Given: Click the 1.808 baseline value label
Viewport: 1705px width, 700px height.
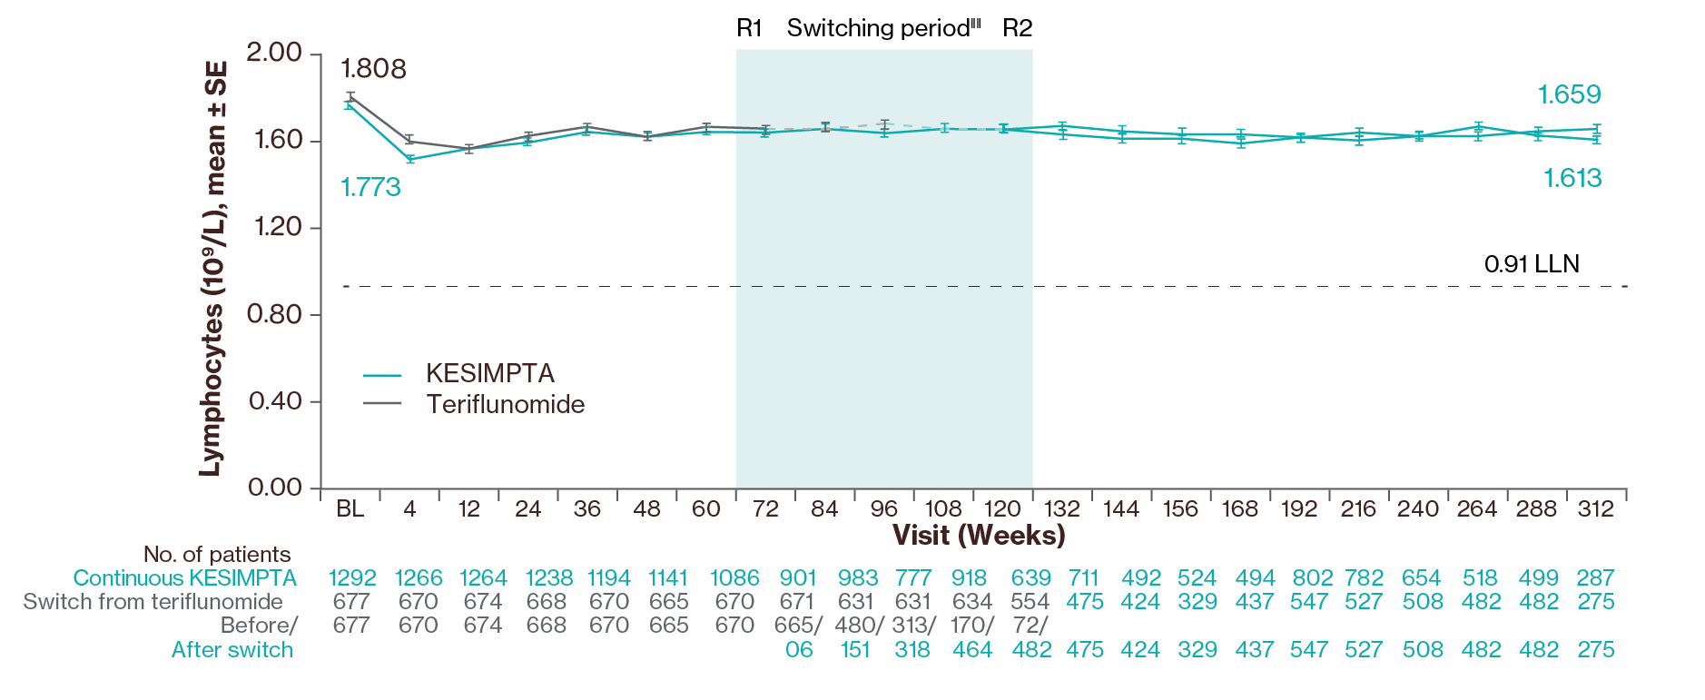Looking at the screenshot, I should coord(373,69).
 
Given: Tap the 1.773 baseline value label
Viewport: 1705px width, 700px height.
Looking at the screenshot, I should coord(370,187).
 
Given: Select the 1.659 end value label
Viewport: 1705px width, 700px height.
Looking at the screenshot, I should coord(1569,94).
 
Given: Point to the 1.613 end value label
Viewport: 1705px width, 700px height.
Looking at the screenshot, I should coord(1572,178).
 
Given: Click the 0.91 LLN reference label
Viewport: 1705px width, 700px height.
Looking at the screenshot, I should coord(1532,264).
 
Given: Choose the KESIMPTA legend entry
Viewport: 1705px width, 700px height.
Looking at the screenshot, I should coord(489,373).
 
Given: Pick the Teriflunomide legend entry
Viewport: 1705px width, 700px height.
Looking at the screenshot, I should coord(505,404).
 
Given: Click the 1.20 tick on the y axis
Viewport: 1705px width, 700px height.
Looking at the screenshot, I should coord(278,227).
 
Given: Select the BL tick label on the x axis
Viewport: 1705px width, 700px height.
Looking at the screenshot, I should coord(350,509).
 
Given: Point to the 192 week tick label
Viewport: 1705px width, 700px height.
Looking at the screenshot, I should coord(1298,509).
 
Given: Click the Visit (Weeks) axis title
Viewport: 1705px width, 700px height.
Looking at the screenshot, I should coord(978,535).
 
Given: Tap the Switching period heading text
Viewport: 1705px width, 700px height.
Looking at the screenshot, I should coord(883,28).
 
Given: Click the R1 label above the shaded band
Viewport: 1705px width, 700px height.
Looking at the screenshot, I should coord(749,28).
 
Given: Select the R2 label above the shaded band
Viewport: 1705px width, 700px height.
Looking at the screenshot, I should coord(1017,28).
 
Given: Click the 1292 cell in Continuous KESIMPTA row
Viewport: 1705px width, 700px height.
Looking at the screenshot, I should coord(352,578).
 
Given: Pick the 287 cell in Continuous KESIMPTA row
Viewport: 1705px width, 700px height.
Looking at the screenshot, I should coord(1595,578).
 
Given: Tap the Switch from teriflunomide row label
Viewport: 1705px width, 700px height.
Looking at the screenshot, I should coord(153,602).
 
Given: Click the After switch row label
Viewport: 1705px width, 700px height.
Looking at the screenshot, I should coord(232,650).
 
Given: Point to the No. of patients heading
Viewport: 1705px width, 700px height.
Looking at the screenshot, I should coord(217,555).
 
